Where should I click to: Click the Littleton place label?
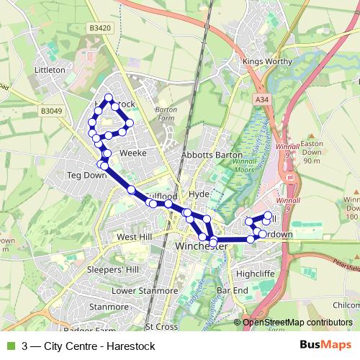50,71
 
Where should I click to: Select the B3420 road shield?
102,28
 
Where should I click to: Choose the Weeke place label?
133,153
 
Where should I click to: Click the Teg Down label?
86,175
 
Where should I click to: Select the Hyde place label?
198,194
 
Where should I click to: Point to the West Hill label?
135,236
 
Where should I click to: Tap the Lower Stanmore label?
144,291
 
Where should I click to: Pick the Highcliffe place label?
256,274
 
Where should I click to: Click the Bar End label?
232,290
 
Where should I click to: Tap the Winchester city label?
202,246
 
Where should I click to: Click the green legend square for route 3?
10,346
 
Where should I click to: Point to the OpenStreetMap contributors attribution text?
297,323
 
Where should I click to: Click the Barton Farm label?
166,114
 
